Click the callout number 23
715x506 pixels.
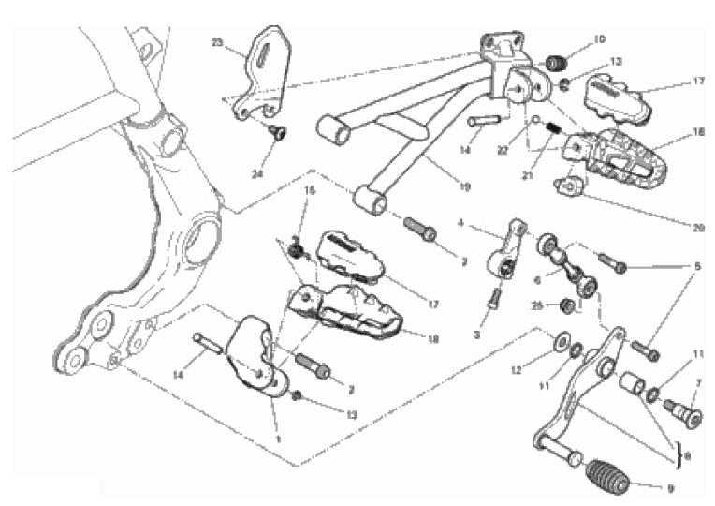(217, 43)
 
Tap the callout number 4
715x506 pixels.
(461, 223)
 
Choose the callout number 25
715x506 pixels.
(537, 305)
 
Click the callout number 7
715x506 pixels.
(697, 383)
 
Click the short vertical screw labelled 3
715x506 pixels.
(494, 300)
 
